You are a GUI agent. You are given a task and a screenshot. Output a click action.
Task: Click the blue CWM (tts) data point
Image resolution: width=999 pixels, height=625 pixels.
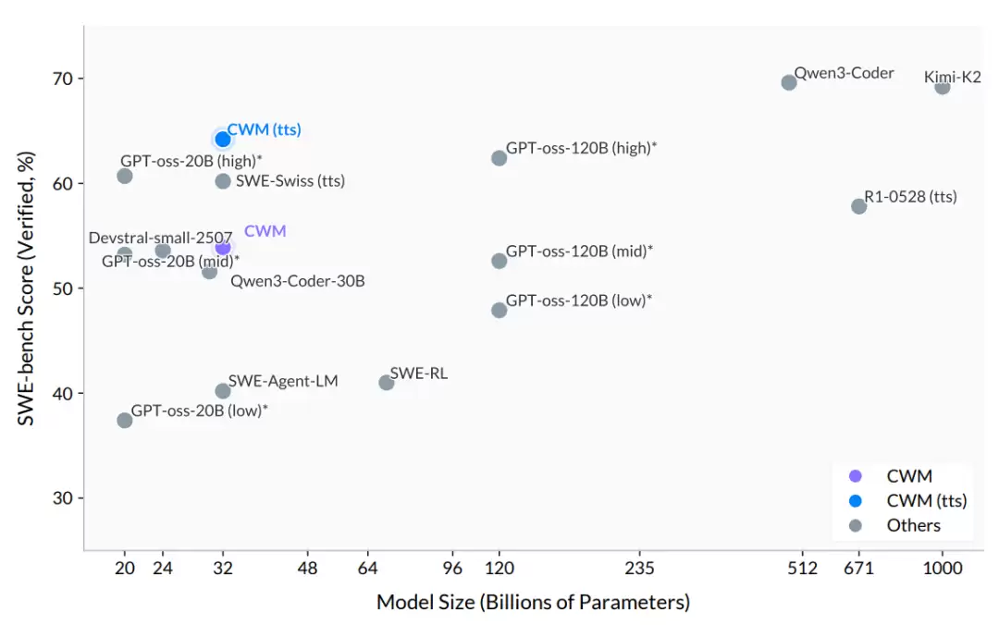[223, 139]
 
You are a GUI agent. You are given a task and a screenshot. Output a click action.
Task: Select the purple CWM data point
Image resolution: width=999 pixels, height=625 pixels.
[223, 247]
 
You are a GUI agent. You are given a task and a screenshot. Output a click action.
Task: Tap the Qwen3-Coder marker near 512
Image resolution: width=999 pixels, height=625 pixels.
[789, 82]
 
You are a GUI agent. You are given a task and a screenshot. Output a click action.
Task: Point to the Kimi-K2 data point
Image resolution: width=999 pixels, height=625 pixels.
[943, 87]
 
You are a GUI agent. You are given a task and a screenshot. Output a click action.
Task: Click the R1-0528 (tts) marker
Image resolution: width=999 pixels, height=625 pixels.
[858, 206]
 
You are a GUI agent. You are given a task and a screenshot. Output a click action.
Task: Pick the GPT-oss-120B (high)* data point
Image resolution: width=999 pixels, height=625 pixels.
[499, 158]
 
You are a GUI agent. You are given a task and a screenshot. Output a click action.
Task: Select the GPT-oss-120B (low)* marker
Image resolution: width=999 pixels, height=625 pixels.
[499, 310]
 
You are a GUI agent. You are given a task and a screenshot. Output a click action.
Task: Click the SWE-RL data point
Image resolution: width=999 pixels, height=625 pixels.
[387, 383]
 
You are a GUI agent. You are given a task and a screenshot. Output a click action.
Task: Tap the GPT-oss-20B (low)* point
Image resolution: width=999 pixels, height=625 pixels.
[125, 421]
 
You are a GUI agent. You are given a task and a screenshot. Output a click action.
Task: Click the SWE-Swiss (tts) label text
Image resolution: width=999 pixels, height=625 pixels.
[290, 181]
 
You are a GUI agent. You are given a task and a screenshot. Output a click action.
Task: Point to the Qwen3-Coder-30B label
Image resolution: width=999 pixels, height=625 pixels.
[297, 280]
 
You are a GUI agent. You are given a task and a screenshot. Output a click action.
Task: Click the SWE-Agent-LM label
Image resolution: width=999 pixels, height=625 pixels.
[283, 380]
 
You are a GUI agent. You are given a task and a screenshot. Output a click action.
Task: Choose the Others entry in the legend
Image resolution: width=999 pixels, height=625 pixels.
[913, 525]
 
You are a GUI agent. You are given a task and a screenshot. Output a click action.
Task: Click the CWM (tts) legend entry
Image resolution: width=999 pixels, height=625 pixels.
[926, 501]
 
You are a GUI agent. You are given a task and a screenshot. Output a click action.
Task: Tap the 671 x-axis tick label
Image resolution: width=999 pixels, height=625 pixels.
[859, 568]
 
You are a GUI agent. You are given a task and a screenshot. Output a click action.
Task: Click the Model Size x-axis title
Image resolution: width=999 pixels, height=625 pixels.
[533, 603]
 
